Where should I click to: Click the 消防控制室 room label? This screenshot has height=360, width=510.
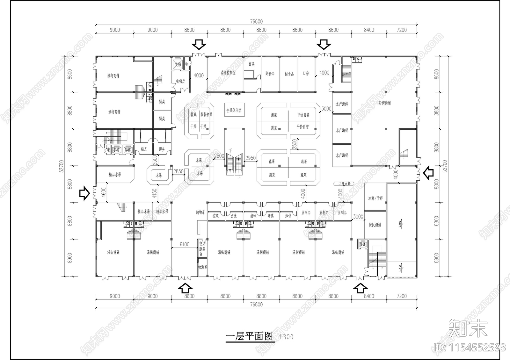[228, 73]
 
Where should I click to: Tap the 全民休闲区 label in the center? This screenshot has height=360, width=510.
[234, 111]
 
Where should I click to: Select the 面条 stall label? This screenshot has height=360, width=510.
[252, 64]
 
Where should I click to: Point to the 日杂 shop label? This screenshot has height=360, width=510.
[306, 73]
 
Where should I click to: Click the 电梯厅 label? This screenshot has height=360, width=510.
[180, 81]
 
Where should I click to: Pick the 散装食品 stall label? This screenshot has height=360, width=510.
[206, 114]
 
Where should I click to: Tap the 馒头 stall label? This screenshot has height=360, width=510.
[162, 149]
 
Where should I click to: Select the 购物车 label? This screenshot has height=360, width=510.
[200, 212]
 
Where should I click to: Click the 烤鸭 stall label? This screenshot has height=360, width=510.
[271, 216]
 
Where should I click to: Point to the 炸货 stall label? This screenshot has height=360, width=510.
[288, 216]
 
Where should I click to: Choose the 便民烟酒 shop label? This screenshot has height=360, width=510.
[375, 225]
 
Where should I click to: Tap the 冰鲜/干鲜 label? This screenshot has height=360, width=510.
[375, 198]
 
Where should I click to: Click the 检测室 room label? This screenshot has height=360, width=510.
[202, 267]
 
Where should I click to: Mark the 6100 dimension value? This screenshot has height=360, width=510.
[184, 245]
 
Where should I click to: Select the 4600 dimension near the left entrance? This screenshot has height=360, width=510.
[103, 192]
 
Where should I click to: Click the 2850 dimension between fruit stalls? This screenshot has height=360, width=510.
[178, 171]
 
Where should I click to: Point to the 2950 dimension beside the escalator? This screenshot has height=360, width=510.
[251, 158]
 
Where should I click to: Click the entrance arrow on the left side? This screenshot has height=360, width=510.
[84, 193]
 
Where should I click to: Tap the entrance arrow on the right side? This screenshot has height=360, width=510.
[428, 173]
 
